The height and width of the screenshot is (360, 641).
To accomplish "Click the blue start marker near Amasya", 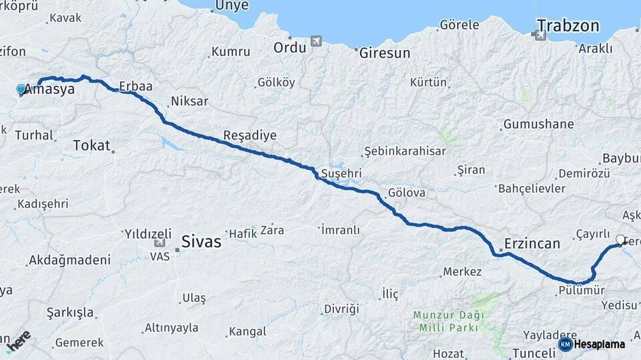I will pyautogui.click(x=21, y=89).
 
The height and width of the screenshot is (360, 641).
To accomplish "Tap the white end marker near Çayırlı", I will pyautogui.click(x=620, y=240).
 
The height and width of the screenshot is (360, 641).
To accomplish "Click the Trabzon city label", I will pyautogui.click(x=568, y=26).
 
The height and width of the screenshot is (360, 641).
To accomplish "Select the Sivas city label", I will pyautogui.click(x=201, y=241).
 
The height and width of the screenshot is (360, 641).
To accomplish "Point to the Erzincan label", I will pyautogui.click(x=532, y=243).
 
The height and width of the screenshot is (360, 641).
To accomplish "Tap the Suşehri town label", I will pyautogui.click(x=341, y=173).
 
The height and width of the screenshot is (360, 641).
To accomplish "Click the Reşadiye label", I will pyautogui.click(x=250, y=135).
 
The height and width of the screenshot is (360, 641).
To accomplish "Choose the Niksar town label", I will pyautogui.click(x=190, y=101).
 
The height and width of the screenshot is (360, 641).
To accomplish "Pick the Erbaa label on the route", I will pyautogui.click(x=136, y=86).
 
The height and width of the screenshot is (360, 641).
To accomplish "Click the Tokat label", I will pyautogui.click(x=91, y=145).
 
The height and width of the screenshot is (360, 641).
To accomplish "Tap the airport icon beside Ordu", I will pyautogui.click(x=316, y=41).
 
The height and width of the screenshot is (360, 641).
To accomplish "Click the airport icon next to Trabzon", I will pyautogui.click(x=540, y=35).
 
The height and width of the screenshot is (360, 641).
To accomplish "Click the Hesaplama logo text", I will pyautogui.click(x=599, y=345).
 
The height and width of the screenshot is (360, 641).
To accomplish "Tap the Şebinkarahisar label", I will pyautogui.click(x=405, y=151).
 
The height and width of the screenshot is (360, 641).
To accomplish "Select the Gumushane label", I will pyautogui.click(x=538, y=125).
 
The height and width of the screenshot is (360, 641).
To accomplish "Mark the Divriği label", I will pyautogui.click(x=341, y=309).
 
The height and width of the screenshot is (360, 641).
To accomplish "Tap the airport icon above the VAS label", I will pyautogui.click(x=158, y=245).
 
